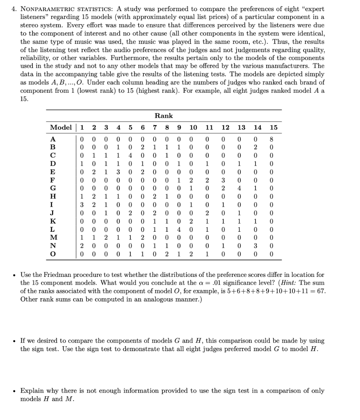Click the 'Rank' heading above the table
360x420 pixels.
[164, 116]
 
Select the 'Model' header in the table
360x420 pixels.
[60, 128]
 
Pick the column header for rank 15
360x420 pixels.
[273, 128]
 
